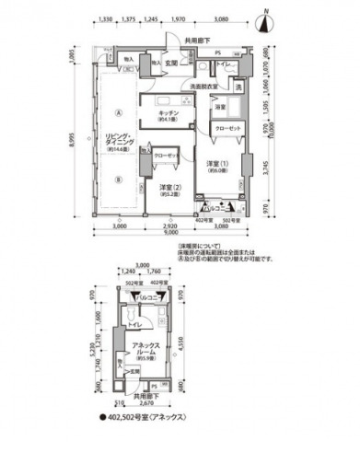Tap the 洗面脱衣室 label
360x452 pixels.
pyautogui.click(x=203, y=87)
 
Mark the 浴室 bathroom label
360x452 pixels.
pyautogui.click(x=221, y=108)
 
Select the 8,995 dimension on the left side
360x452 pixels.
pyautogui.click(x=70, y=138)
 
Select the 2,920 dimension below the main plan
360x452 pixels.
pyautogui.click(x=169, y=226)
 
